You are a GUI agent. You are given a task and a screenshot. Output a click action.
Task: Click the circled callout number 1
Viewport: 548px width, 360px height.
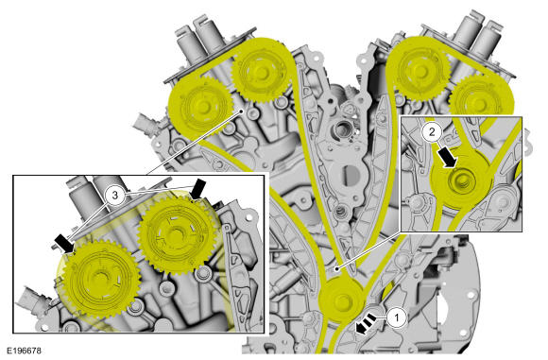(x=397, y=317)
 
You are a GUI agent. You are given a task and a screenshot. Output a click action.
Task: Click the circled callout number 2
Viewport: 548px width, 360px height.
(x=432, y=132)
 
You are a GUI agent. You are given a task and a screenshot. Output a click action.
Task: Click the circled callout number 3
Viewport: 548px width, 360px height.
(x=115, y=196)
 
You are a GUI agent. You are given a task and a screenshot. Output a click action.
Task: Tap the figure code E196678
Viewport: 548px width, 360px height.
(x=25, y=351)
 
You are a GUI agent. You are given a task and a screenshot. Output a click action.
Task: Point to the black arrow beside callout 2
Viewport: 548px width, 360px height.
(x=448, y=156)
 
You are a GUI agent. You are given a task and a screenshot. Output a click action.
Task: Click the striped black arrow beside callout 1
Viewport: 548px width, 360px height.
(x=366, y=324)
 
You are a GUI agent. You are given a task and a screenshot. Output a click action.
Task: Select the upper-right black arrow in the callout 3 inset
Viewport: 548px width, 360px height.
(x=197, y=189)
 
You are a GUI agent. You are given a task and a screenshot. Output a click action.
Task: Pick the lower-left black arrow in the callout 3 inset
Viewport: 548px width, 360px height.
(x=65, y=243)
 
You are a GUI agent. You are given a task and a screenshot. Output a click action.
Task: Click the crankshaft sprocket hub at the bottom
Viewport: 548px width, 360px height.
(x=341, y=300)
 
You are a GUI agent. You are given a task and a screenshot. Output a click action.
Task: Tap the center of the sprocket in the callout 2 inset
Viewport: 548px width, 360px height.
(x=462, y=181)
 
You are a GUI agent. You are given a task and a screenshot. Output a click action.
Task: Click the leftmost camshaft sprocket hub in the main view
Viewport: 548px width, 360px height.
(x=202, y=107)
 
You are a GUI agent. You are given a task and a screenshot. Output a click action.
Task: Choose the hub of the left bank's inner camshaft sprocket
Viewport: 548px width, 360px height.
(x=261, y=72)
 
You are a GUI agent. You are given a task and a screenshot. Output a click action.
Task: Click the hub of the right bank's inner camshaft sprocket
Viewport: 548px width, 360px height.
(x=420, y=71)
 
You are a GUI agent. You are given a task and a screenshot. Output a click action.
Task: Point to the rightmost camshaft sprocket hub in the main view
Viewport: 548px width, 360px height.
(x=479, y=104)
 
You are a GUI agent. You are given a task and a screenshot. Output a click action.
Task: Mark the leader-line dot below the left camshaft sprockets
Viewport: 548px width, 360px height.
(x=241, y=111)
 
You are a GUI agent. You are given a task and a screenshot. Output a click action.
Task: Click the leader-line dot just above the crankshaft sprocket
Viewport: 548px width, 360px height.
(x=336, y=268)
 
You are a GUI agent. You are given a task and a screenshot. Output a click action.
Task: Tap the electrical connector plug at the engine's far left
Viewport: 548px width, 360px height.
(x=146, y=121)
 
